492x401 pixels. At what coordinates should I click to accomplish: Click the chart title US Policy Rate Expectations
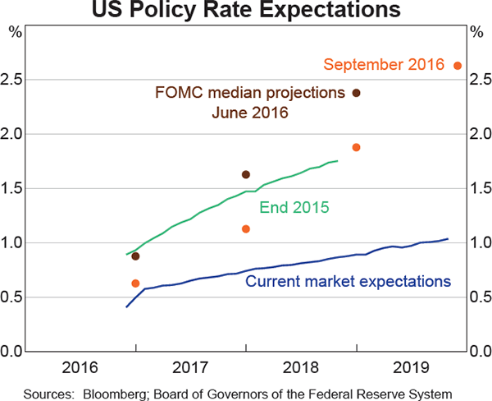245,11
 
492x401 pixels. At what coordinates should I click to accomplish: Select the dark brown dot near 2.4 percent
356,93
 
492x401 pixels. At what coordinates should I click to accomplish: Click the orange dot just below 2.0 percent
356,147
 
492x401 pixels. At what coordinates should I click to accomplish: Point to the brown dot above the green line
245,174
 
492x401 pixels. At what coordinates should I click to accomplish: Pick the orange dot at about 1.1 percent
245,228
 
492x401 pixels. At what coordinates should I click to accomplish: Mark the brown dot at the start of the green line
135,256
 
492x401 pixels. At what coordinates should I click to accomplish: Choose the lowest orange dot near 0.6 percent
135,283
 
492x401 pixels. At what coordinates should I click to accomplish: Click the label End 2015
294,208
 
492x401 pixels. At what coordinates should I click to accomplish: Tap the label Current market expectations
348,282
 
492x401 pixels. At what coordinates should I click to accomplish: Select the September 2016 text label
384,64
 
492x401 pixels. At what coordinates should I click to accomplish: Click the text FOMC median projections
249,93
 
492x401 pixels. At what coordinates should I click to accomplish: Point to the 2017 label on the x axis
190,366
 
